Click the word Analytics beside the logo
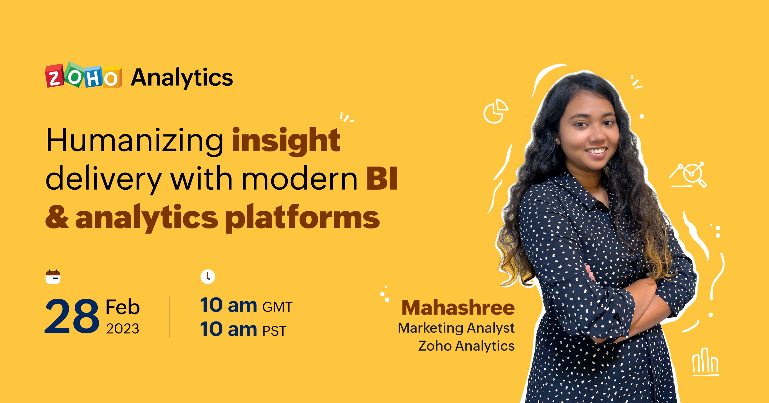182,78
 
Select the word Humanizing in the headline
135,141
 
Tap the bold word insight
286,141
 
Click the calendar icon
53,277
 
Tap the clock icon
208,277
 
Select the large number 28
72,316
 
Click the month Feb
123,307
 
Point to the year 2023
123,329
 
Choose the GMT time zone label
277,307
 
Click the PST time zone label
274,331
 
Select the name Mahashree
458,308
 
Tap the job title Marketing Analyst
456,328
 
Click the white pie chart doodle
495,111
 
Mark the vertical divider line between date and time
170,317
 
